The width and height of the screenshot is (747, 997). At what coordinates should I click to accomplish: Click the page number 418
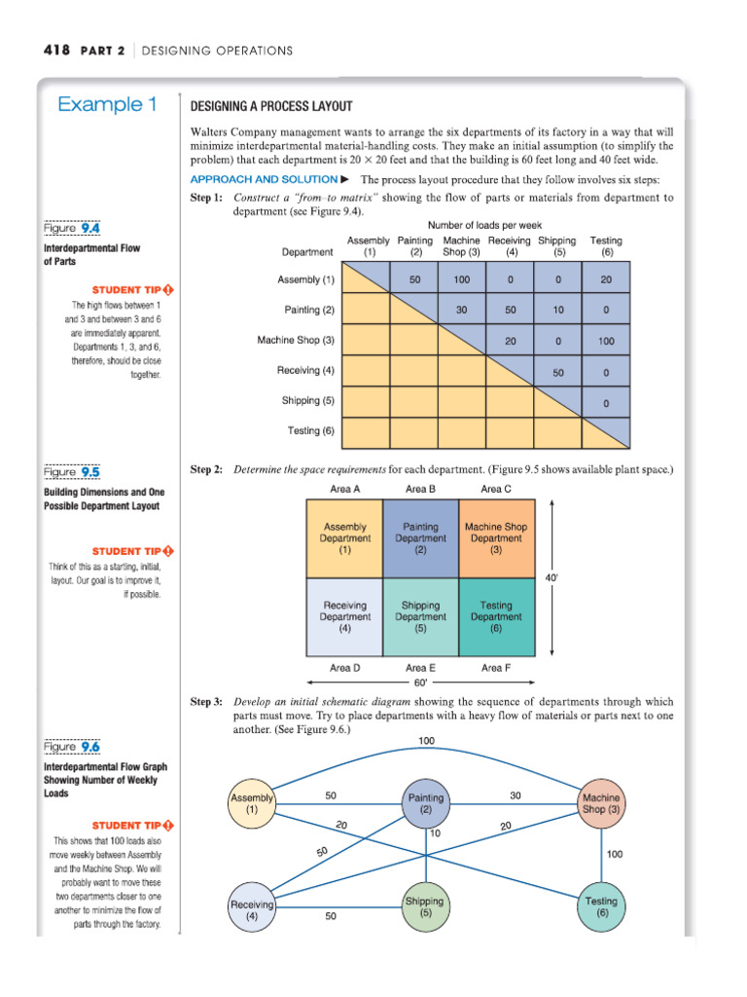coord(54,50)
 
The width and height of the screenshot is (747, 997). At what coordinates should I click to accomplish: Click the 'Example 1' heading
coord(107,104)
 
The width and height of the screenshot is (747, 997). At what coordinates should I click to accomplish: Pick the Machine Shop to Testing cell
coord(606,341)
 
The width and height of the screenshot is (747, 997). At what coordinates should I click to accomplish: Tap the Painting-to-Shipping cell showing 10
coord(558,310)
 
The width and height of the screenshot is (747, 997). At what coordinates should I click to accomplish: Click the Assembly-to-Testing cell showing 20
coord(606,279)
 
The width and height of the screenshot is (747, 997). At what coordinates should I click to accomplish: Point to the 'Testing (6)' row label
coord(310,430)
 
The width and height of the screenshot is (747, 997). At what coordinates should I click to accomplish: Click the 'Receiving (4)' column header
coord(510,245)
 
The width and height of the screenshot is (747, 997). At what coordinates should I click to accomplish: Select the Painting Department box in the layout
coord(420,537)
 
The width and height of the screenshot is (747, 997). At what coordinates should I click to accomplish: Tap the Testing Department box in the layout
coord(496,616)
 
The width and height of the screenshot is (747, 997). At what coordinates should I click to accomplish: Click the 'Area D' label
coord(344,667)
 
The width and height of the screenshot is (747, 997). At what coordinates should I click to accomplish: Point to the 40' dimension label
coord(551,577)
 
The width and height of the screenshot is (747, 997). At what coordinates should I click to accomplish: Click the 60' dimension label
coord(420,683)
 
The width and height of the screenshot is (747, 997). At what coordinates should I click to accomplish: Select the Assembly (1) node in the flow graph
coord(252,803)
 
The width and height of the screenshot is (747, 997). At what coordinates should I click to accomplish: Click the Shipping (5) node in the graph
coord(425,906)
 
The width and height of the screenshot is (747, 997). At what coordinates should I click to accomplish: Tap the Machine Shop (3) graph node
coord(601,803)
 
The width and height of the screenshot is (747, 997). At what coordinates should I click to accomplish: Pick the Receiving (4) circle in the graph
coord(252,909)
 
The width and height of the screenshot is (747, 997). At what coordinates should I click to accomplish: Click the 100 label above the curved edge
coord(426,742)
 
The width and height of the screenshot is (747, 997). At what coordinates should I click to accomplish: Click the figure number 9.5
coord(90,472)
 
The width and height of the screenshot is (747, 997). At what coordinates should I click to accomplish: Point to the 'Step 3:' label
coord(206,701)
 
